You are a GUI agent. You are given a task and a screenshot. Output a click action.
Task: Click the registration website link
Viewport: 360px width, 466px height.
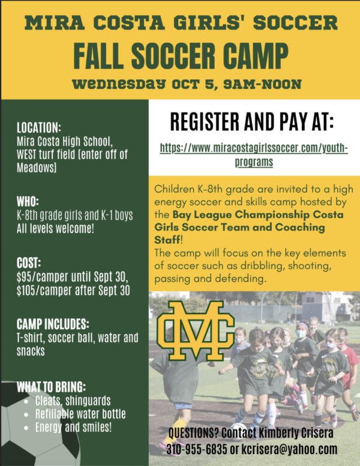coord(254,155)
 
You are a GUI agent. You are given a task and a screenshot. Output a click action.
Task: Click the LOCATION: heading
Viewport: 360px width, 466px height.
coord(39,128)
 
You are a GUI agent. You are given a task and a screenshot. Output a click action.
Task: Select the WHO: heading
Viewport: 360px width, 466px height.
coord(28,202)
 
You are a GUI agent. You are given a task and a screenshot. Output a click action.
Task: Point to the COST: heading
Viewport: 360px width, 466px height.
coord(29,263)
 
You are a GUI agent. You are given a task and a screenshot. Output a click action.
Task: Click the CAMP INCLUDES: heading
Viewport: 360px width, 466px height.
coord(53,324)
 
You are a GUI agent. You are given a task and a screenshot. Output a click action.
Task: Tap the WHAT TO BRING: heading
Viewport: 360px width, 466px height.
coord(52,387)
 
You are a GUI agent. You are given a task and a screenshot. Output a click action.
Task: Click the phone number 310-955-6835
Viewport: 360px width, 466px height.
coord(197,449)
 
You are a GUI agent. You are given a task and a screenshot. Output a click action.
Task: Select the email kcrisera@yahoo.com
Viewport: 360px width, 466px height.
coord(289,449)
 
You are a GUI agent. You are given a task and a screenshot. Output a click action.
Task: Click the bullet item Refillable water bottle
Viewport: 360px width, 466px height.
coord(80,414)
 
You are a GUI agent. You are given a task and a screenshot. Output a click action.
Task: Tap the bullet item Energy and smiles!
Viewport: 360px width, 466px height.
coord(73,428)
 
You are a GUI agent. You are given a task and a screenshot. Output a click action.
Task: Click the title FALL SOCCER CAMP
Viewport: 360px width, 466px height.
coord(181,56)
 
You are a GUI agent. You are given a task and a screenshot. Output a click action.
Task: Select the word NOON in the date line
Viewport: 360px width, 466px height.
coord(281,85)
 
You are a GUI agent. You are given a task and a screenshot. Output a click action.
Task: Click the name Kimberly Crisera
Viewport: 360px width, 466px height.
coord(296,433)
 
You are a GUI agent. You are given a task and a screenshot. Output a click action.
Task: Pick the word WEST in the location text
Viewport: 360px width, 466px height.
coord(26,154)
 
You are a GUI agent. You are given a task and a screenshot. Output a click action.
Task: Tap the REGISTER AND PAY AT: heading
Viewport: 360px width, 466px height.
coord(252,121)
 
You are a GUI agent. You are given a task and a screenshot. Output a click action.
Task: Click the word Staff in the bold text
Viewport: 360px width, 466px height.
coord(167,240)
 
